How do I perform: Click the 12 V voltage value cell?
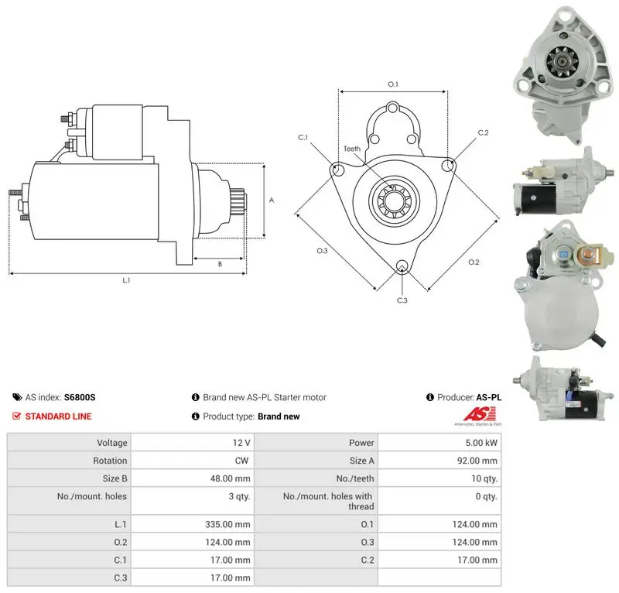point(241,443)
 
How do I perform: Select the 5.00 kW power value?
point(481,443)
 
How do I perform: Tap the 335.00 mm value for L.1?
point(227,524)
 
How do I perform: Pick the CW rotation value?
point(241,461)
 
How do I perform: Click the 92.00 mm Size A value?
point(477,461)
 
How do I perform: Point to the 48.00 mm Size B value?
point(230,478)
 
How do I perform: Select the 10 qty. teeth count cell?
point(484,478)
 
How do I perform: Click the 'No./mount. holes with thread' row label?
point(328,501)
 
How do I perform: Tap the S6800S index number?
point(80,397)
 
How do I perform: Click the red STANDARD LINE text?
point(59,416)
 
